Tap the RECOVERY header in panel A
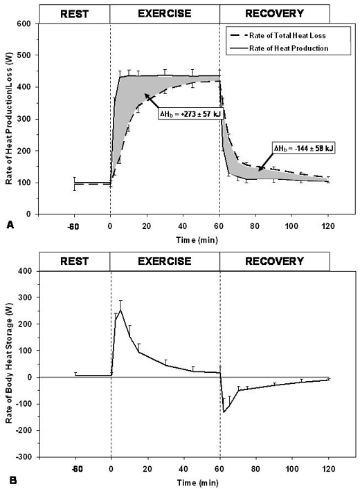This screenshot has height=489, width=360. [x=274, y=12]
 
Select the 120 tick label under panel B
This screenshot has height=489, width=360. [x=329, y=468]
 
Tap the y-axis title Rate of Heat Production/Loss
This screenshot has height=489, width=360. [x=10, y=119]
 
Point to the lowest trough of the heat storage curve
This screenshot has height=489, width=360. [x=224, y=412]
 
